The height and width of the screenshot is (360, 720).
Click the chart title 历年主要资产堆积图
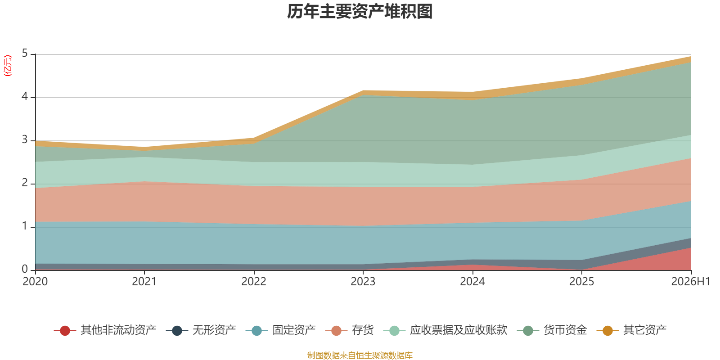[360, 12]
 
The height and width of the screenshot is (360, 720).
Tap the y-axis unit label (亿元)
[7, 66]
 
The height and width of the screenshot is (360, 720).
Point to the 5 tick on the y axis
[25, 54]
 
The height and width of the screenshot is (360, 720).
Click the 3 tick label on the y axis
[25, 140]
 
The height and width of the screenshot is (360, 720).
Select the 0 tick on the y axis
[25, 270]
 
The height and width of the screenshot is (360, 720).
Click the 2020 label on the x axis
[35, 282]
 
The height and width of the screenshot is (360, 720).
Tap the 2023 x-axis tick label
[363, 282]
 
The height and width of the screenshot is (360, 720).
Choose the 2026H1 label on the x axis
[690, 282]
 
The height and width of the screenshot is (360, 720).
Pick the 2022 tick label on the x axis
[254, 282]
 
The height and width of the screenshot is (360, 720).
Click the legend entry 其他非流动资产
[105, 330]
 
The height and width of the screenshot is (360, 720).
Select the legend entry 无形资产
[201, 330]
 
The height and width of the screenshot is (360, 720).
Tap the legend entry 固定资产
[281, 330]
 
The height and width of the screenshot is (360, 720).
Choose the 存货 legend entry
[349, 330]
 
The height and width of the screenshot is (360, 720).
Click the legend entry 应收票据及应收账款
[445, 330]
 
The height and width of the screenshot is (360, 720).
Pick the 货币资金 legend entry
[552, 330]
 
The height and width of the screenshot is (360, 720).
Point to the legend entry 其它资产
[632, 330]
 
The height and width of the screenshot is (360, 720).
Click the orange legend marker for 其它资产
[607, 330]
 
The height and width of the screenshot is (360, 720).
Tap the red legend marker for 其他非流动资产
[65, 330]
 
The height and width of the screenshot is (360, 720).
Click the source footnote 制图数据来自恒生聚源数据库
[360, 355]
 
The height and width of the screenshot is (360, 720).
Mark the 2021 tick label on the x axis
[144, 282]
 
